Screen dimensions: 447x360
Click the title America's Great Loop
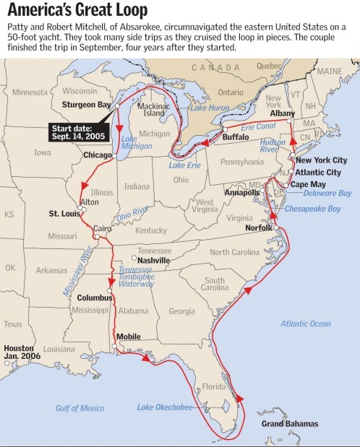(x=77, y=10)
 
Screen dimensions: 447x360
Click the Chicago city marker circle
(x=115, y=155)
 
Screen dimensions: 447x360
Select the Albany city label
(x=281, y=114)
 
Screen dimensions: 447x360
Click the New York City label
(x=322, y=160)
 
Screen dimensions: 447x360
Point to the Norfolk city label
(x=257, y=227)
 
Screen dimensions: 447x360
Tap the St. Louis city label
(x=64, y=214)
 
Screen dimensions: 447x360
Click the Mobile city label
(x=128, y=337)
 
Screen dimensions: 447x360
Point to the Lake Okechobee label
(x=166, y=408)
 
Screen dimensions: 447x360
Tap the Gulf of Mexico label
(x=80, y=408)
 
